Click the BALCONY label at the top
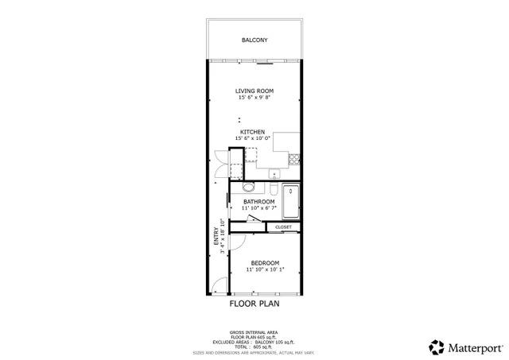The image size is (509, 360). point(254,40)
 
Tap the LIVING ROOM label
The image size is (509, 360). point(254,91)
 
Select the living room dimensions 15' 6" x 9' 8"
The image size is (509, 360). point(254,98)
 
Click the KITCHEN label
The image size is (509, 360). point(254,131)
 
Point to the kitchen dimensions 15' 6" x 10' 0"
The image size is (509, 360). point(254,138)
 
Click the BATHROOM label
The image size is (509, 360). point(259,202)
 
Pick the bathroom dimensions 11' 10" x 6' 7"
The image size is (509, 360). point(259,209)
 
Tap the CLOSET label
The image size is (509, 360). point(284,227)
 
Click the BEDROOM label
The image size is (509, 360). point(265,263)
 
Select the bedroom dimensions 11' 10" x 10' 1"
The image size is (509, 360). point(265,270)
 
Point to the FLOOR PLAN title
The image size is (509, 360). point(254,303)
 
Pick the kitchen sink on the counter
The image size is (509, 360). point(274,172)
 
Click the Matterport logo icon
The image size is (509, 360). point(437,346)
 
